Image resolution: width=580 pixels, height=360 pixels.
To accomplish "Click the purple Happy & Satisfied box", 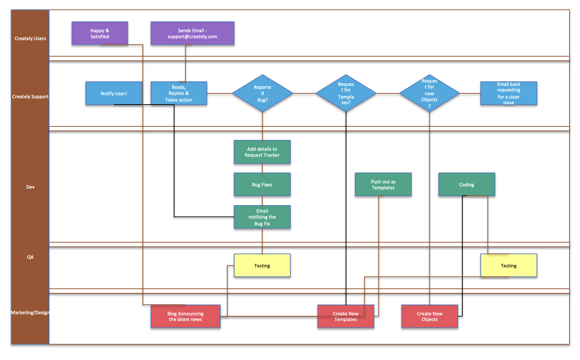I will pos(100,33).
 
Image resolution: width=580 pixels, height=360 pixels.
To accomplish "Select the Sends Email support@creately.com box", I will pos(192,33).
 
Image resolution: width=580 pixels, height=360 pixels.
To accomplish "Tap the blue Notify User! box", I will pos(114,93).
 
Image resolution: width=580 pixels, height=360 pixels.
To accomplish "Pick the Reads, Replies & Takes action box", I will pos(179,93).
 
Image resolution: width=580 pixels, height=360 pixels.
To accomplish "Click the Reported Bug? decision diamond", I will pos(262,93).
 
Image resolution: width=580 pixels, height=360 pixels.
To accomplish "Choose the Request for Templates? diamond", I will pos(346,93).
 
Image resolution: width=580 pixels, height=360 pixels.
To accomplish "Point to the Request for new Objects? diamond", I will pos(429,93).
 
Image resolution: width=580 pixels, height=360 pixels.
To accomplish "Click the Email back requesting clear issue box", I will pos(508,93).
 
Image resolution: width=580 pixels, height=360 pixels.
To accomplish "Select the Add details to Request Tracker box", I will pos(262,152).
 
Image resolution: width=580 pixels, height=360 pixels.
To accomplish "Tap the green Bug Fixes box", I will pos(262,184).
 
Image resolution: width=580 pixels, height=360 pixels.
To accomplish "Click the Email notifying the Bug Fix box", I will pos(262,217).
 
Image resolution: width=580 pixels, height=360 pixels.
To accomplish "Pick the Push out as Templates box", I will pos(383,184).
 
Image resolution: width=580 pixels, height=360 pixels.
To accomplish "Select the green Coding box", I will pos(466,184).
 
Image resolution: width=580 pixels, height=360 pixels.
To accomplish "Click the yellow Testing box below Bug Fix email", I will pos(262,265).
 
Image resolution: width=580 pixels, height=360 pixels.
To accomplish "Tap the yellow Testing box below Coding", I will pos(508,265).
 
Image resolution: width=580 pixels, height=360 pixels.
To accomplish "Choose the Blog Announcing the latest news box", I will pos(185,316).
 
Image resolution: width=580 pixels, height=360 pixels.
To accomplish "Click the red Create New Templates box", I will pos(345,316).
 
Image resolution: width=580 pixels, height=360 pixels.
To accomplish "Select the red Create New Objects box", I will pos(429,316).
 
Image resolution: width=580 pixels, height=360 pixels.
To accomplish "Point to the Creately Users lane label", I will pos(30,38).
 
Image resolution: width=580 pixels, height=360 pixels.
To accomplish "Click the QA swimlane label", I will pos(30,257).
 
